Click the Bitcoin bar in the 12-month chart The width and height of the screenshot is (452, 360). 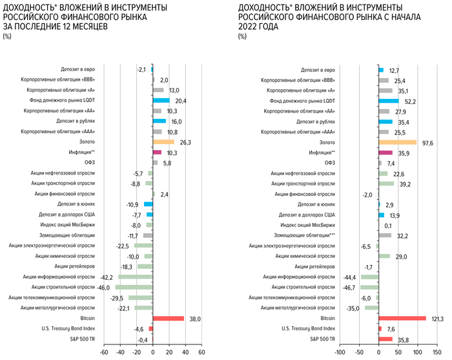pos(169,319)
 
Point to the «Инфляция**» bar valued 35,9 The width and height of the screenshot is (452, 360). pos(385,153)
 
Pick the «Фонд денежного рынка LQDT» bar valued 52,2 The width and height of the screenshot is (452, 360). pos(389,101)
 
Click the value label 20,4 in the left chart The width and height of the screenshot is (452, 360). pos(181,101)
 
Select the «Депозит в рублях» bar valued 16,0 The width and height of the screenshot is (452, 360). pos(159,122)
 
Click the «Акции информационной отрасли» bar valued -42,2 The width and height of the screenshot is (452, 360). pos(136,277)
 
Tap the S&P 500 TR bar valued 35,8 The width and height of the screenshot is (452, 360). pos(385,339)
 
